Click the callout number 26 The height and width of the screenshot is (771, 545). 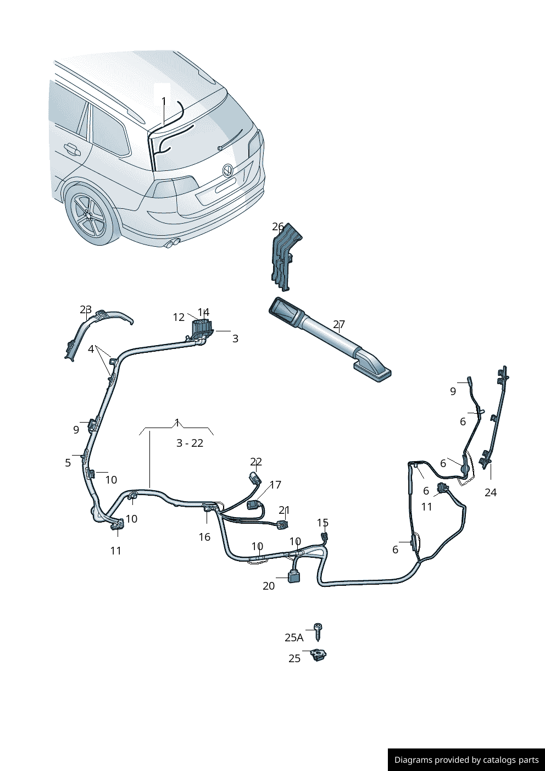click(x=278, y=227)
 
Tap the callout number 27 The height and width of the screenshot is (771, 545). click(x=339, y=324)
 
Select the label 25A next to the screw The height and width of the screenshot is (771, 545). click(x=294, y=638)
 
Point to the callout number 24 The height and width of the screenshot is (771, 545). click(x=491, y=492)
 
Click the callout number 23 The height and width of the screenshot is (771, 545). click(x=86, y=309)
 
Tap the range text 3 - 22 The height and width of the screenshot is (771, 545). click(x=190, y=443)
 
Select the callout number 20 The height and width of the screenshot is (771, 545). click(x=269, y=586)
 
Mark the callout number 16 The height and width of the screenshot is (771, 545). click(x=204, y=536)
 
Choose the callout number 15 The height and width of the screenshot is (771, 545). click(x=322, y=523)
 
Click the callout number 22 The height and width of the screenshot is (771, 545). click(x=256, y=461)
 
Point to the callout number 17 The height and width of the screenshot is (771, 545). click(x=276, y=485)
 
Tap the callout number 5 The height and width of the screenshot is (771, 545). click(x=68, y=463)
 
